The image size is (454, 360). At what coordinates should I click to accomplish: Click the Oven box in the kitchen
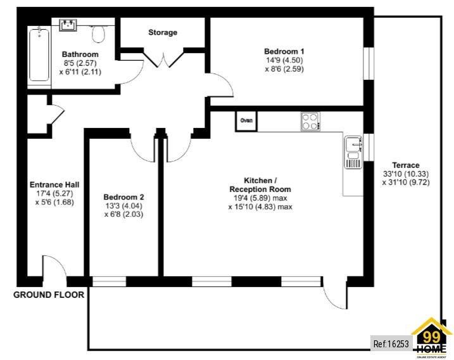(246, 120)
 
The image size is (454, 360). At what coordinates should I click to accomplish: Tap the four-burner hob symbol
(310, 120)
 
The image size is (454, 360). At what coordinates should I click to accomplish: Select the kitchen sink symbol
(353, 153)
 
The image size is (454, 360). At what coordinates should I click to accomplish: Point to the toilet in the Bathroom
(99, 32)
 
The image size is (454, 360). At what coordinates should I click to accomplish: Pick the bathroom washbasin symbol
(68, 25)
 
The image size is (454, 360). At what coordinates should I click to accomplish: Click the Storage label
(163, 32)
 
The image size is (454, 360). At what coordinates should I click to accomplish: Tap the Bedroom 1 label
(284, 51)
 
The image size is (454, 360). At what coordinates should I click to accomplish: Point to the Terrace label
(405, 165)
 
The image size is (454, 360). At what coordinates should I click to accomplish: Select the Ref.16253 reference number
(391, 344)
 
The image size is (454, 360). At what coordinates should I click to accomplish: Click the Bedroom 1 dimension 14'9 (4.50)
(285, 61)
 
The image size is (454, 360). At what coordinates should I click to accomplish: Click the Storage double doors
(163, 58)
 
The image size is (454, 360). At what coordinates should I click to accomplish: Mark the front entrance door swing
(53, 267)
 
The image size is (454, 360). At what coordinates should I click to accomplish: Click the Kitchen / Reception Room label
(260, 184)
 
